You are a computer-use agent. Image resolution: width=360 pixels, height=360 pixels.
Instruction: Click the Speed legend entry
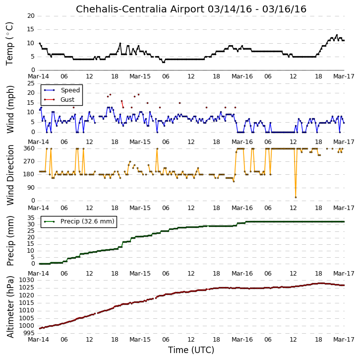point(62,90)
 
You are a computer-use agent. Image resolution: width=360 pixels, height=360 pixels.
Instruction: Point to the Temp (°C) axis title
point(9,44)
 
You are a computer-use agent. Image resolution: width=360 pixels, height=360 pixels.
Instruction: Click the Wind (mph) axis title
point(10,109)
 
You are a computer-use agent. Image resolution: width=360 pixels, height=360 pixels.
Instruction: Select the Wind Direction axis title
point(10,175)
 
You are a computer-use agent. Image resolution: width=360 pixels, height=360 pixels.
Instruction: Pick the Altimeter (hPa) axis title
point(10,307)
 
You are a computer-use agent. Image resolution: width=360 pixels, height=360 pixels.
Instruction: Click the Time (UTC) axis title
point(191,350)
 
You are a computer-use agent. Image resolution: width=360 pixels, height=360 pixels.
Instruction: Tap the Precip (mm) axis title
point(10,241)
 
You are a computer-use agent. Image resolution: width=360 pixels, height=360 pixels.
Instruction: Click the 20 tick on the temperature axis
point(31,16)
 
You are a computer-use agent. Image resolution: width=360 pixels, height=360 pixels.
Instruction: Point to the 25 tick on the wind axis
point(31,83)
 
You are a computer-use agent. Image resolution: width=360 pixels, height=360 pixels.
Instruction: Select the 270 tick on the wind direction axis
point(29,161)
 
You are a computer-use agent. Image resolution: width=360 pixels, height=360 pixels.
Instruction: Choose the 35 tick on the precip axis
point(31,218)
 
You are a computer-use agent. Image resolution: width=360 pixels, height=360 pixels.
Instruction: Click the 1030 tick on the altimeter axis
point(26,280)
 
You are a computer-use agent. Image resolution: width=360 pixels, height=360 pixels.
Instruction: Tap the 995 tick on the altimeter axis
point(29,333)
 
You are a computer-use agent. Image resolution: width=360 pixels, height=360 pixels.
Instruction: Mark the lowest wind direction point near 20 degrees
point(296,197)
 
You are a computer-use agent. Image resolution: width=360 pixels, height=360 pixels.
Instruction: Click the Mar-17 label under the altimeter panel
point(344,340)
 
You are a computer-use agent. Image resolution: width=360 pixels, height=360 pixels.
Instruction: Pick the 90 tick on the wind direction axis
point(31,188)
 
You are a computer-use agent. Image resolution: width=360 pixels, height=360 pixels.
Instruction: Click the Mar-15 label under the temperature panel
point(140,76)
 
